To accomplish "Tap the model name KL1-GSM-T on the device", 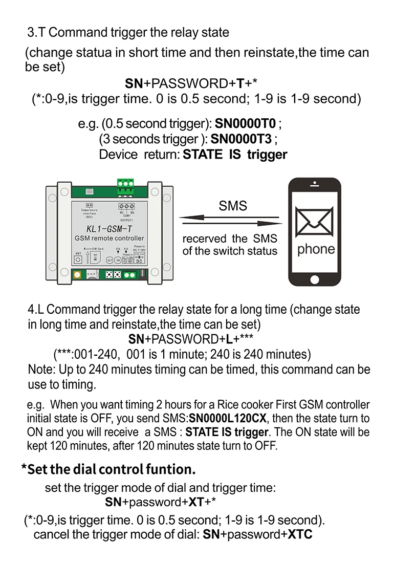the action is tap(107, 228).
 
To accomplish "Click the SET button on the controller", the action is tap(109, 260).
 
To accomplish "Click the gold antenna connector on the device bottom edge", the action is tap(77, 276).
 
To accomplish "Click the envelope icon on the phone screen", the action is tap(315, 222).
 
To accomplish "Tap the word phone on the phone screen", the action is tap(316, 250).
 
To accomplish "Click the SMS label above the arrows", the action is tap(233, 206).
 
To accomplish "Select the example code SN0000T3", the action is tap(244, 139).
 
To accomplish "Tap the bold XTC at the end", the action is tap(300, 535).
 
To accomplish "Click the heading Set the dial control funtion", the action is tap(108, 469).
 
